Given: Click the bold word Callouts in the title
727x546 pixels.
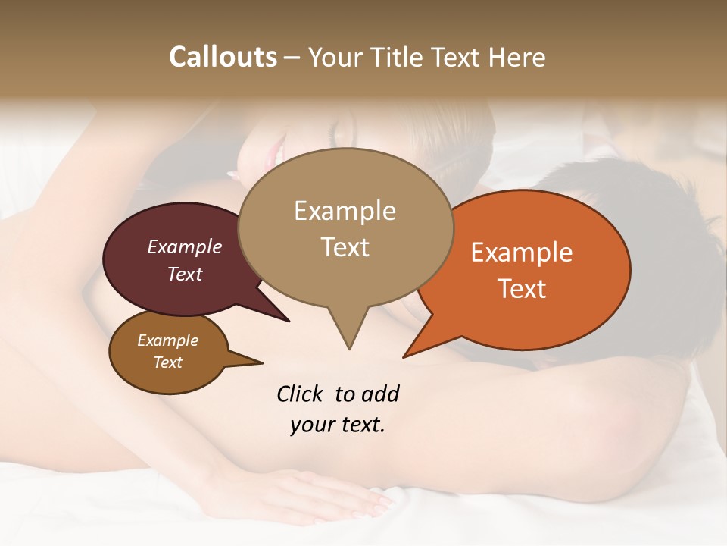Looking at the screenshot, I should tap(223, 57).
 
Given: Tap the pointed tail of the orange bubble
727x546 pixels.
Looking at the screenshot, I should tap(407, 355).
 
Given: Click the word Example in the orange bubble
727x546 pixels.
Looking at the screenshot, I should tap(522, 253).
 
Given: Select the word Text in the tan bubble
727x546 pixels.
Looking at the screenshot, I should tap(345, 247).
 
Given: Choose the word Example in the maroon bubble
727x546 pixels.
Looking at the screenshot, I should tap(185, 247).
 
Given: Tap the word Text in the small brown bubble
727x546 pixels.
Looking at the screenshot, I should tap(168, 362).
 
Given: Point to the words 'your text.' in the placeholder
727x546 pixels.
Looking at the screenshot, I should tap(338, 425).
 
